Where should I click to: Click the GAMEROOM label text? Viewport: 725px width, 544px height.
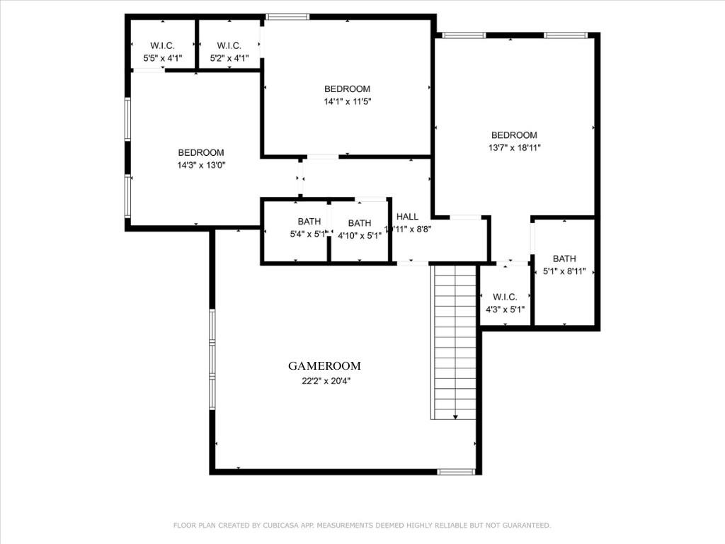tap(324, 366)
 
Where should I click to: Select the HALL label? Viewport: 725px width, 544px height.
tap(407, 217)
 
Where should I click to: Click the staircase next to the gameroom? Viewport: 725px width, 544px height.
tap(454, 340)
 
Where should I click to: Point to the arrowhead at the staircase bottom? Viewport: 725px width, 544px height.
tap(455, 416)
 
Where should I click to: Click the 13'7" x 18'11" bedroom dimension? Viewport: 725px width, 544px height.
tap(514, 148)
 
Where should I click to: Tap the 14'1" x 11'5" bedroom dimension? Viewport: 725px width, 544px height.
tap(347, 102)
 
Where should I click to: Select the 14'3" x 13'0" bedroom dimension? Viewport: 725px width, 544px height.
tap(201, 165)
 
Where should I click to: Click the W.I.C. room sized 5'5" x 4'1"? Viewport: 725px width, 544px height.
tap(162, 52)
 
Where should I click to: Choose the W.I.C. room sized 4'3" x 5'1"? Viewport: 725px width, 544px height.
tap(505, 303)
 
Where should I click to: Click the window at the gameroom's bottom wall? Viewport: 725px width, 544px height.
tap(456, 471)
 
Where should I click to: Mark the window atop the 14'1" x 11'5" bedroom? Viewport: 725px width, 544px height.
tap(287, 17)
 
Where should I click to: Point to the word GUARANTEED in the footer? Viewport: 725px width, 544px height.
tap(523, 526)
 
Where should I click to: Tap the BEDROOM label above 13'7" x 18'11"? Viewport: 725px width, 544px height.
tap(514, 135)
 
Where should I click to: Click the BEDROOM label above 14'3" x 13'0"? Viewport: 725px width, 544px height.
tap(201, 152)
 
